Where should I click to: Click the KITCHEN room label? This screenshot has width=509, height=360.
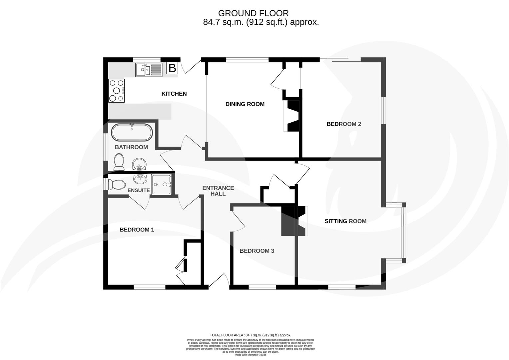coord(174,94)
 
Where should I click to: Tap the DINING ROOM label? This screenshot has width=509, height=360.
coord(245,104)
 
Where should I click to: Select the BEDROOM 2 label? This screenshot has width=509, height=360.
coord(344,124)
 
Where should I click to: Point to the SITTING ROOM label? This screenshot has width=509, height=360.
coord(345,221)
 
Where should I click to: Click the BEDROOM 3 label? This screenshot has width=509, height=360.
coord(257,251)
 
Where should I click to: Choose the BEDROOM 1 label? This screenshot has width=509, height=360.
coord(137,230)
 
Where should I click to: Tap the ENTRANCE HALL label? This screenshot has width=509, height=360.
coord(218,191)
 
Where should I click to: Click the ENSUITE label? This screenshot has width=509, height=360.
coord(139,190)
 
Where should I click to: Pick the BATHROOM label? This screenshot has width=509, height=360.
coord(131,147)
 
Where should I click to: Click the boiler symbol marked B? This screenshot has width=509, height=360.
coord(172,68)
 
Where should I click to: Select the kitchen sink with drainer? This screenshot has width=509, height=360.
coord(149,70)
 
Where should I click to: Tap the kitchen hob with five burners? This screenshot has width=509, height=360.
coord(117,90)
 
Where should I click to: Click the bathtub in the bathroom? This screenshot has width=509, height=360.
coord(132,132)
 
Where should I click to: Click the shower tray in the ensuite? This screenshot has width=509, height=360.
coord(162,184)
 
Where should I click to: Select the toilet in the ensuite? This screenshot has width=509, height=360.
coord(116,184)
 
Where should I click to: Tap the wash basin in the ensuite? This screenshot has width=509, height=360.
coord(140,179)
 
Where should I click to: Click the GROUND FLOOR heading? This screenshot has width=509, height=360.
coord(253,13)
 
